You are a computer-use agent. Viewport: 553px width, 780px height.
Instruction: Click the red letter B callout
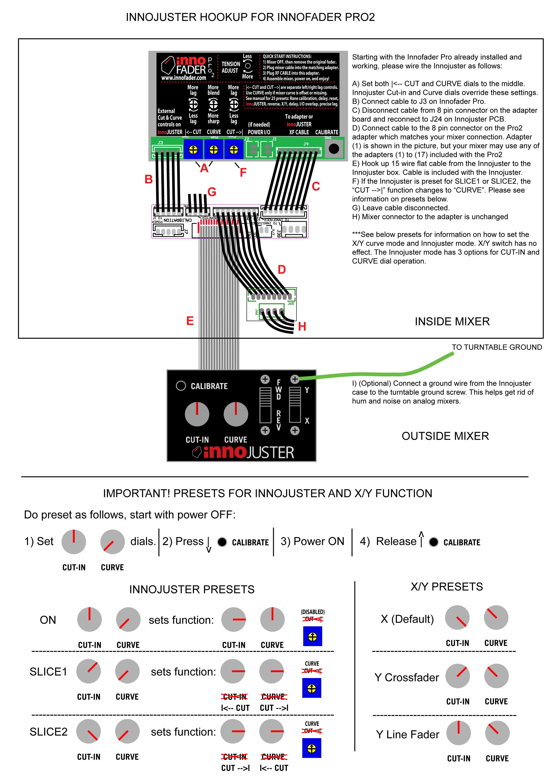point(149,179)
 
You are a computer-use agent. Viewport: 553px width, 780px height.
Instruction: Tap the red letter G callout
point(212,192)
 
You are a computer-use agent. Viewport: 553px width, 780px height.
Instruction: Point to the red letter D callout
point(282,269)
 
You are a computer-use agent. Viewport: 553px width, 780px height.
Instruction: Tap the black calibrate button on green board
point(334,149)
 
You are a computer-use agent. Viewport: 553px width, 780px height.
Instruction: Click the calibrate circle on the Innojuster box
point(181,386)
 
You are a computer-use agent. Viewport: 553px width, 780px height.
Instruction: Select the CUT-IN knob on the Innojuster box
point(197,414)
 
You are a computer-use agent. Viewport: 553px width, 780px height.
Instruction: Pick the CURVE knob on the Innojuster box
point(236,414)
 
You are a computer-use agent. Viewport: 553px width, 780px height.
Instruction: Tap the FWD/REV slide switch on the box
point(265,405)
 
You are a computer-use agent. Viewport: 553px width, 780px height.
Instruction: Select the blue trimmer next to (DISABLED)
point(312,637)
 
